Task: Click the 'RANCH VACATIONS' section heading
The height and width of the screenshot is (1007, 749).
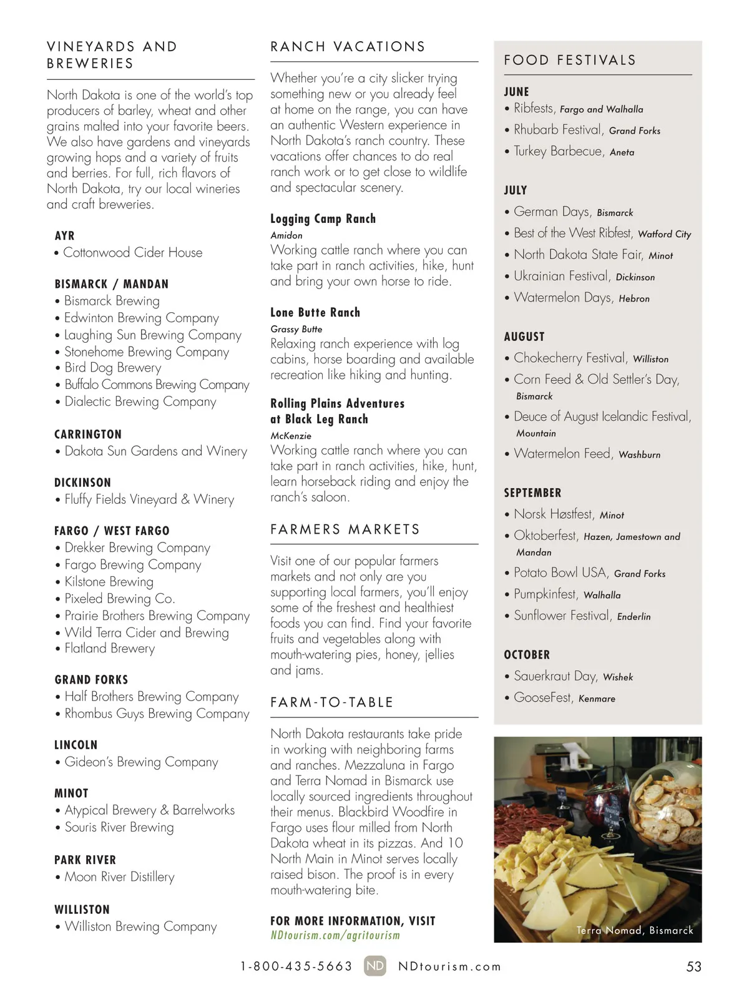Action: [348, 47]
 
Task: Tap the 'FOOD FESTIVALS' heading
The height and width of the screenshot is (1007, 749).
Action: [570, 61]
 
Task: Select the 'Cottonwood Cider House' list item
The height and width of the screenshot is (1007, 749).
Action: [133, 253]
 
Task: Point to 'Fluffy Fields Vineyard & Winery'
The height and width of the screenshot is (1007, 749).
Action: [149, 499]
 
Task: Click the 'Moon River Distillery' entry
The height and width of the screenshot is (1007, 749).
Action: [119, 877]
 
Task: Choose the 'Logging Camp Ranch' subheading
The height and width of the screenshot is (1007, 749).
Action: [323, 219]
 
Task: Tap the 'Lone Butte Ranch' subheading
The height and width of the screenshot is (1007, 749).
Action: [315, 313]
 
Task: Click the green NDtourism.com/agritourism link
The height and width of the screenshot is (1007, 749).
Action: [335, 935]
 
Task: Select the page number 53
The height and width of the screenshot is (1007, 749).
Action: [693, 967]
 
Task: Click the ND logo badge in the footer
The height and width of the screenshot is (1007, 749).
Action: [375, 966]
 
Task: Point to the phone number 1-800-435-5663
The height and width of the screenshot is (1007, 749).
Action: [296, 967]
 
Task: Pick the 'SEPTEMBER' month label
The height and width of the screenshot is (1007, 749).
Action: [532, 493]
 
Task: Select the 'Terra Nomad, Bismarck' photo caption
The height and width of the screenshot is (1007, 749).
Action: [635, 930]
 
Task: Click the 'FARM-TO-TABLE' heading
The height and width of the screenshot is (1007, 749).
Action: [332, 702]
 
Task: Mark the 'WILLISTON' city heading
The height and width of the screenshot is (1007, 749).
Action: [82, 910]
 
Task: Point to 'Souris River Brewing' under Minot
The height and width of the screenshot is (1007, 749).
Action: [119, 827]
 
